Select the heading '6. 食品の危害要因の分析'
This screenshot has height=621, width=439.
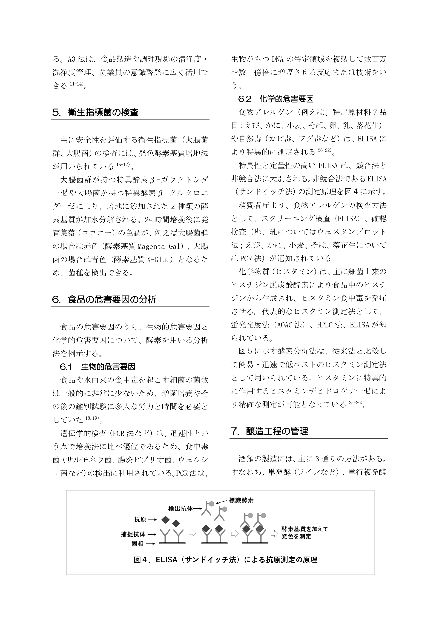coord(104,299)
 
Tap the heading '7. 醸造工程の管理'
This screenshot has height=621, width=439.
coord(269,431)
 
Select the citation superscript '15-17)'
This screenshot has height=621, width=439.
coord(123,165)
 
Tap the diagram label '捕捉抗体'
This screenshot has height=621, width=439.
coord(133,534)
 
